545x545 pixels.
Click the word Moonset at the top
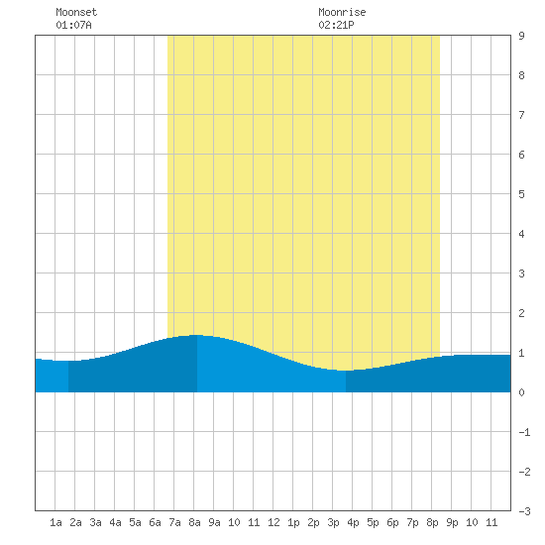76,12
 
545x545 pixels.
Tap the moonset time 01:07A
73,25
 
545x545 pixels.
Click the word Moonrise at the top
342,12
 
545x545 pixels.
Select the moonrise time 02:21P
336,25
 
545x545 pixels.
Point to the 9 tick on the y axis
521,36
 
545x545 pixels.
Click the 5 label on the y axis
521,194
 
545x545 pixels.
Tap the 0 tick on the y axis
521,392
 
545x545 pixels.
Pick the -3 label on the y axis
524,511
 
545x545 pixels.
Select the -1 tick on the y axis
524,432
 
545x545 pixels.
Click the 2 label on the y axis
521,313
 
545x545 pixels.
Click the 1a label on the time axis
55,522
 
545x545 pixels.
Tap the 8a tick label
194,522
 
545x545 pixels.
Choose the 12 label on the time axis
273,522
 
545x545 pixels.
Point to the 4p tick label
353,522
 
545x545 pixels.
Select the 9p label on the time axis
452,522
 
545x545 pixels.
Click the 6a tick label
155,522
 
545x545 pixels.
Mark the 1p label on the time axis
293,522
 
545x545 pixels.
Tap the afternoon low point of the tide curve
346,371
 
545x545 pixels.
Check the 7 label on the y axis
521,115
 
